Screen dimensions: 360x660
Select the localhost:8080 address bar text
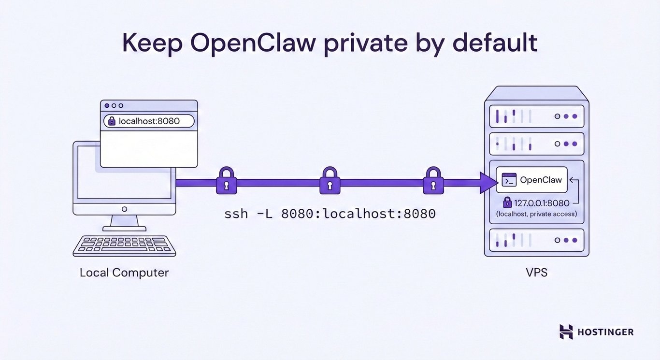tap(149, 121)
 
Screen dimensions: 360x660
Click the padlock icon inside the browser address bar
tap(112, 121)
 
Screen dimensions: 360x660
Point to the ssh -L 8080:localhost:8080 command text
tap(330, 214)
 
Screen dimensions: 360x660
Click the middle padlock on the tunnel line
tap(330, 181)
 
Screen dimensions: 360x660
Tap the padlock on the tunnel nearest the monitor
tap(227, 181)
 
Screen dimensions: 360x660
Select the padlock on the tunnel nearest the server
tap(433, 181)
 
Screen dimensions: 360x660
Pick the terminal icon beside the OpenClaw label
tap(509, 180)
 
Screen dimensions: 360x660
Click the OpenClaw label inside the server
tap(541, 180)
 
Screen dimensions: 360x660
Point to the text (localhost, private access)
tap(537, 214)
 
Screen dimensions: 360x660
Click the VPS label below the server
tap(536, 273)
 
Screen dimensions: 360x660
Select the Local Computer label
tap(124, 273)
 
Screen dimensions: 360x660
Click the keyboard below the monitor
tap(124, 246)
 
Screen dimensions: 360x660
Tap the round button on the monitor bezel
tap(124, 209)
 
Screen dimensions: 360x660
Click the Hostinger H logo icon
tap(566, 331)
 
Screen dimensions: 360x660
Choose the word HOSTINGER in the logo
tap(605, 332)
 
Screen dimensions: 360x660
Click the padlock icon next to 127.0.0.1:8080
tap(507, 202)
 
